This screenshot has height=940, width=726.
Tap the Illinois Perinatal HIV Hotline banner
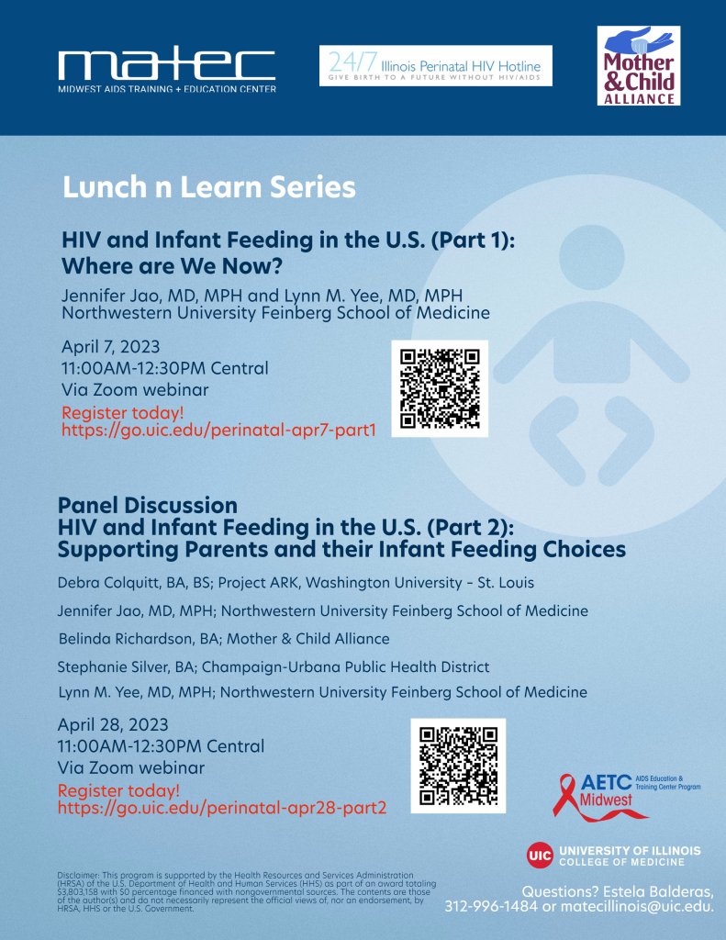click(436, 66)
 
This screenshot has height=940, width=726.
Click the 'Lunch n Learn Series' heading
click(208, 187)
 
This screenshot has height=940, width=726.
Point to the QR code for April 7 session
click(440, 388)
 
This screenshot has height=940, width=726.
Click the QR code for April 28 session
click(457, 767)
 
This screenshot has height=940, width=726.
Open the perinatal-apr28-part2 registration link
click(222, 808)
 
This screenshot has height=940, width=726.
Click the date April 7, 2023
click(110, 347)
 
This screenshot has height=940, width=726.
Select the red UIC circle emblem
click(540, 856)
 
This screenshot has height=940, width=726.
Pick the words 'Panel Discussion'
click(147, 505)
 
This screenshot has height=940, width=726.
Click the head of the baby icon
click(584, 253)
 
